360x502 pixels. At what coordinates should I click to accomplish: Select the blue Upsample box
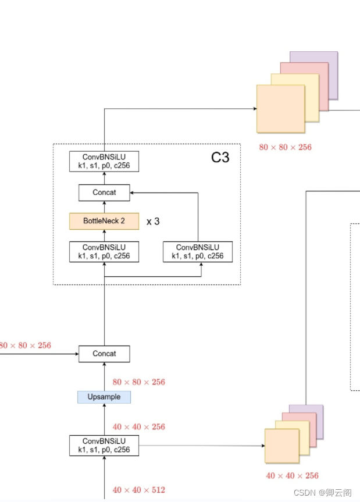(104, 397)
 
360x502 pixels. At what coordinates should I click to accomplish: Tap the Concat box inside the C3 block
(104, 193)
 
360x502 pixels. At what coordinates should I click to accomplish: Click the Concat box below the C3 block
(104, 354)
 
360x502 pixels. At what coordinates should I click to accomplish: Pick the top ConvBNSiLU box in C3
(104, 161)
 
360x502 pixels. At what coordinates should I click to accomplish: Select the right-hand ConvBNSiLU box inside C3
(198, 251)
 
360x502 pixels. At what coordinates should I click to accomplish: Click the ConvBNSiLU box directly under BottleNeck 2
(104, 251)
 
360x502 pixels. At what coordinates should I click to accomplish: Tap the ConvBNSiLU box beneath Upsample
(104, 445)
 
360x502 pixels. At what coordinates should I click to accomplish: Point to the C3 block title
(220, 157)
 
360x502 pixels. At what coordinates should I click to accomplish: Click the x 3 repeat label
(153, 222)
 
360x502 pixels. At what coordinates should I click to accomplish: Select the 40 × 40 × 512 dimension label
(139, 490)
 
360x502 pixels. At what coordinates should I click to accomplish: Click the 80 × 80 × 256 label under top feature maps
(285, 147)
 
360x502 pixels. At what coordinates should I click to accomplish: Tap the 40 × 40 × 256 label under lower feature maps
(293, 476)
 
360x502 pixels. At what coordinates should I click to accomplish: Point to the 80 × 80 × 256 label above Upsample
(139, 382)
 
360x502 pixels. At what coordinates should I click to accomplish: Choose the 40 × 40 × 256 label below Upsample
(139, 427)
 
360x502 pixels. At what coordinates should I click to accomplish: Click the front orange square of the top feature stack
(280, 109)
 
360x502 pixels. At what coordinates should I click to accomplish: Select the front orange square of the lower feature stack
(281, 446)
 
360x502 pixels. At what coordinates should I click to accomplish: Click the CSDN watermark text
(322, 493)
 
